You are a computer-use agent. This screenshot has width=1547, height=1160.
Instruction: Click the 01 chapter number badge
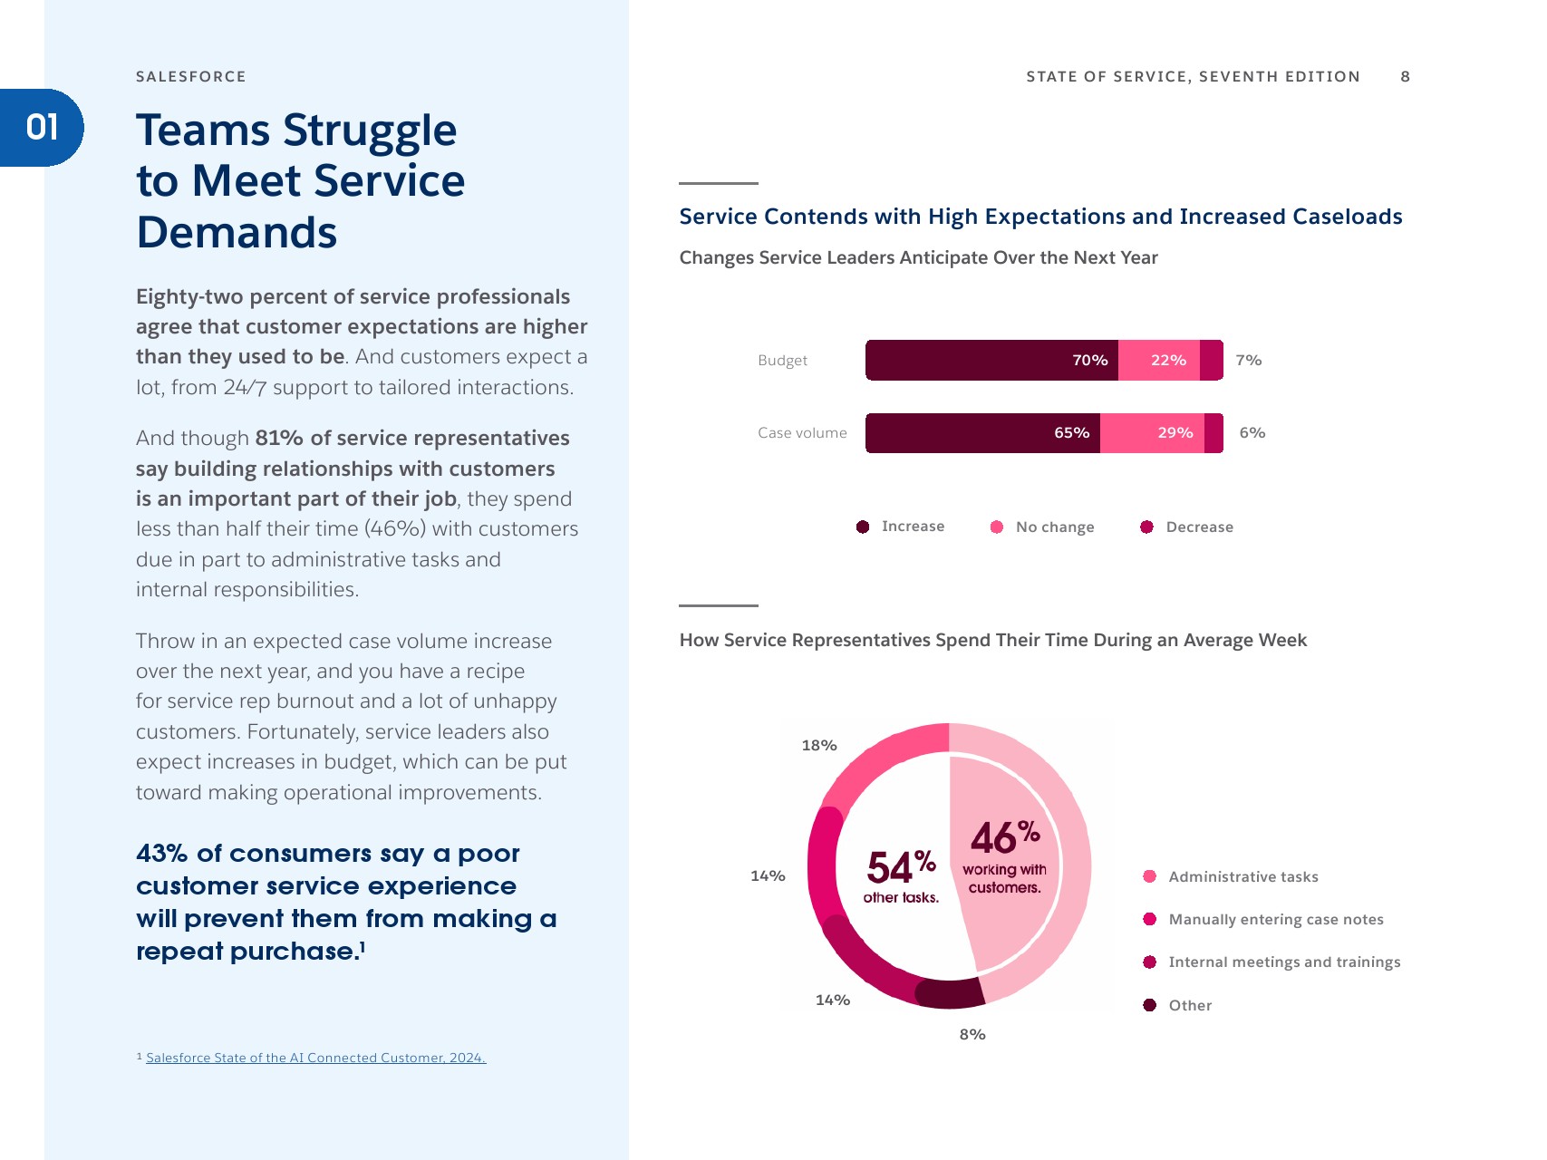(42, 127)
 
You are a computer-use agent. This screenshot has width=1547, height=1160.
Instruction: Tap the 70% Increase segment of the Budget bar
(991, 360)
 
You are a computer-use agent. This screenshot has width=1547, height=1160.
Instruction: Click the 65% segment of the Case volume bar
(982, 433)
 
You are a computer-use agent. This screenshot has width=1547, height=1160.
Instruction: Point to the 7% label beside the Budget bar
(1248, 360)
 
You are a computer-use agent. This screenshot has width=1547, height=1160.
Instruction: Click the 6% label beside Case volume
(1252, 433)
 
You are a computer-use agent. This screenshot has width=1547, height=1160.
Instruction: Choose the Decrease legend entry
(1198, 527)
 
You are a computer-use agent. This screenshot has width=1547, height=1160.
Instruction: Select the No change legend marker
(997, 527)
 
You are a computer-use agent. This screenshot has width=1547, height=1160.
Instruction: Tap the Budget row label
(782, 360)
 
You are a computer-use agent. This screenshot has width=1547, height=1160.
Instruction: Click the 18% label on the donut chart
(818, 745)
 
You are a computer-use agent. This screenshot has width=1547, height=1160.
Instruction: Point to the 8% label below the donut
(972, 1034)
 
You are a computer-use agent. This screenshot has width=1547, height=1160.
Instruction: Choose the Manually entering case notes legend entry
(1275, 919)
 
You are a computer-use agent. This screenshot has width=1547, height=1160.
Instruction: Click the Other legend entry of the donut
(1189, 1005)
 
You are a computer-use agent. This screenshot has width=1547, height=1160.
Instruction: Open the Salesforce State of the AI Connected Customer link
(315, 1058)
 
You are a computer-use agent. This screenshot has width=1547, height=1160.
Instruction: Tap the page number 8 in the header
(1405, 76)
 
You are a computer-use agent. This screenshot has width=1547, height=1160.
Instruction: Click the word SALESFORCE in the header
(190, 76)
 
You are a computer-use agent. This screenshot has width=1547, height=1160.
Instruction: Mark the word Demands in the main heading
(237, 232)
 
